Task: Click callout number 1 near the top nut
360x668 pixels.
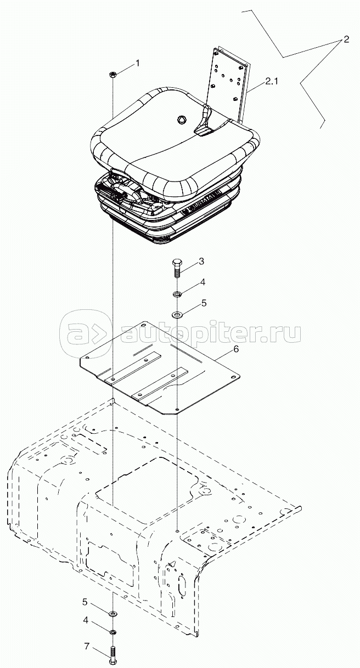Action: (x=138, y=63)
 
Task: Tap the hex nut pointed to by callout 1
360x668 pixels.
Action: (x=113, y=74)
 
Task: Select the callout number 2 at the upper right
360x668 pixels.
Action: (x=346, y=39)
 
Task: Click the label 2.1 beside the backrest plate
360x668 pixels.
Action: (x=271, y=81)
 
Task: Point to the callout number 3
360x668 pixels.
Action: (x=201, y=261)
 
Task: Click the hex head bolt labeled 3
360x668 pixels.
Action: (x=177, y=268)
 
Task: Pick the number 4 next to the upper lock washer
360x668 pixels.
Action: (x=203, y=282)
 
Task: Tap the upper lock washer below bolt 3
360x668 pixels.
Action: (x=177, y=295)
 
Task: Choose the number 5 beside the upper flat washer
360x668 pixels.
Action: (x=204, y=303)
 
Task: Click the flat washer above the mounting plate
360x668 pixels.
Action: (x=177, y=314)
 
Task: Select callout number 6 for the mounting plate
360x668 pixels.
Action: (x=236, y=349)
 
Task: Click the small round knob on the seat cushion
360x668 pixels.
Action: (x=182, y=120)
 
